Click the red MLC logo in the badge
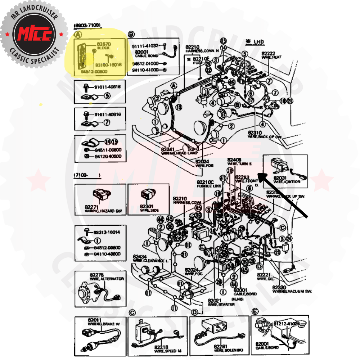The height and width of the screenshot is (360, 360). point(34,34)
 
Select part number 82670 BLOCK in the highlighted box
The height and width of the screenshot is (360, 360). point(103,45)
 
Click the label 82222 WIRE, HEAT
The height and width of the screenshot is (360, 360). point(271,55)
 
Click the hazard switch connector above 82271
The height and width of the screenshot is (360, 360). point(100,195)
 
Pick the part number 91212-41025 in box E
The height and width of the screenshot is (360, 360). point(287,324)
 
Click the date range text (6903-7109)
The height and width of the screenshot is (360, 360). point(87,26)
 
